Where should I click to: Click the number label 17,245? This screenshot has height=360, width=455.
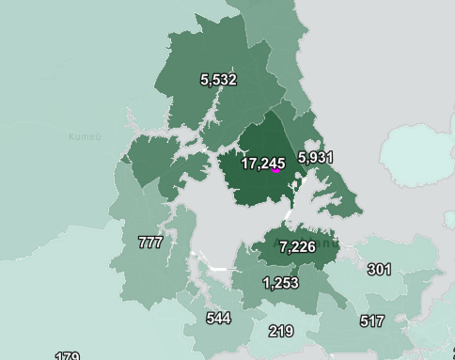[x=262, y=163]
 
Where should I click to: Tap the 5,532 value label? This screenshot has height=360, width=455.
[x=218, y=80]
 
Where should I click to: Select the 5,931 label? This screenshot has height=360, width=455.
[x=315, y=157]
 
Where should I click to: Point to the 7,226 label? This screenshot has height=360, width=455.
[x=297, y=246]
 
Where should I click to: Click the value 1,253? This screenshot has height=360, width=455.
[x=280, y=283]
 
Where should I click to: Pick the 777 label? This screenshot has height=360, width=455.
[x=150, y=243]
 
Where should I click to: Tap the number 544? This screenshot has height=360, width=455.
[x=218, y=319]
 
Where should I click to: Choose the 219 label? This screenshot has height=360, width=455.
[x=280, y=331]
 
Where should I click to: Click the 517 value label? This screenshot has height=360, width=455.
[x=372, y=321]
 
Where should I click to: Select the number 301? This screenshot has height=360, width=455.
[x=379, y=270]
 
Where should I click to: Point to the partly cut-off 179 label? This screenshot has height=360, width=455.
[x=67, y=356]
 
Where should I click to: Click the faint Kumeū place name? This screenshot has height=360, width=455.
[x=84, y=137]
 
